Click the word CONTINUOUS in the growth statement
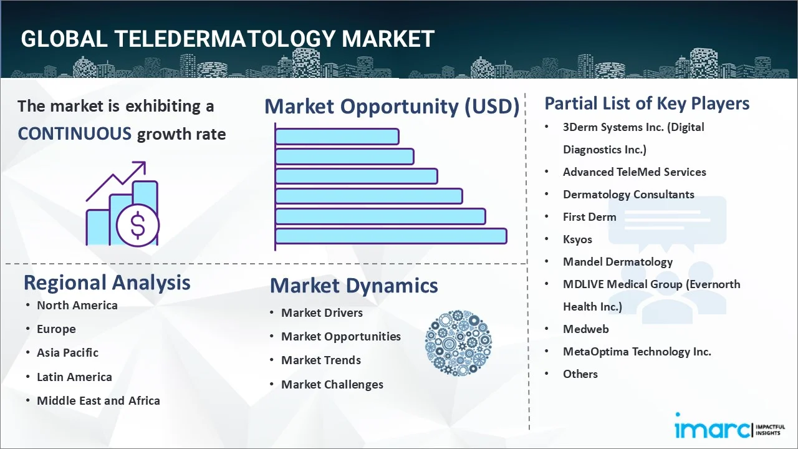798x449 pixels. pyautogui.click(x=74, y=133)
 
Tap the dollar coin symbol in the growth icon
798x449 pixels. pyautogui.click(x=138, y=225)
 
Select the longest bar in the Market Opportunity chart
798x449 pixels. pyautogui.click(x=391, y=236)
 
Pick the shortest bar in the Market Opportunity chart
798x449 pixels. pyautogui.click(x=337, y=136)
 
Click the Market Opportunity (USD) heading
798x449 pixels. pyautogui.click(x=392, y=107)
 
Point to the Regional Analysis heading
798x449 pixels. pyautogui.click(x=107, y=282)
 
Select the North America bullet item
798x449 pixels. pyautogui.click(x=77, y=305)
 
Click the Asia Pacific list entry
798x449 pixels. pyautogui.click(x=67, y=352)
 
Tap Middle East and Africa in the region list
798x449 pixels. pyautogui.click(x=98, y=400)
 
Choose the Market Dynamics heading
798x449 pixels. pyautogui.click(x=353, y=286)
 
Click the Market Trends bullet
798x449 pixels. pyautogui.click(x=320, y=360)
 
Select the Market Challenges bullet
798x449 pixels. pyautogui.click(x=332, y=384)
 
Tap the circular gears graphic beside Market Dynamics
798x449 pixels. pyautogui.click(x=458, y=344)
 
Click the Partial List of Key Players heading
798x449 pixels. pyautogui.click(x=647, y=103)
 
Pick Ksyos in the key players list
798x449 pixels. pyautogui.click(x=577, y=239)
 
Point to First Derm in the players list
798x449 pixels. pyautogui.click(x=589, y=216)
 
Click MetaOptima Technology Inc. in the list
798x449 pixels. pyautogui.click(x=637, y=351)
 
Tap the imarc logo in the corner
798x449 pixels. pyautogui.click(x=713, y=428)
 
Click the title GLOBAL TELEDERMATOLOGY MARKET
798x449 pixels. pyautogui.click(x=227, y=39)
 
